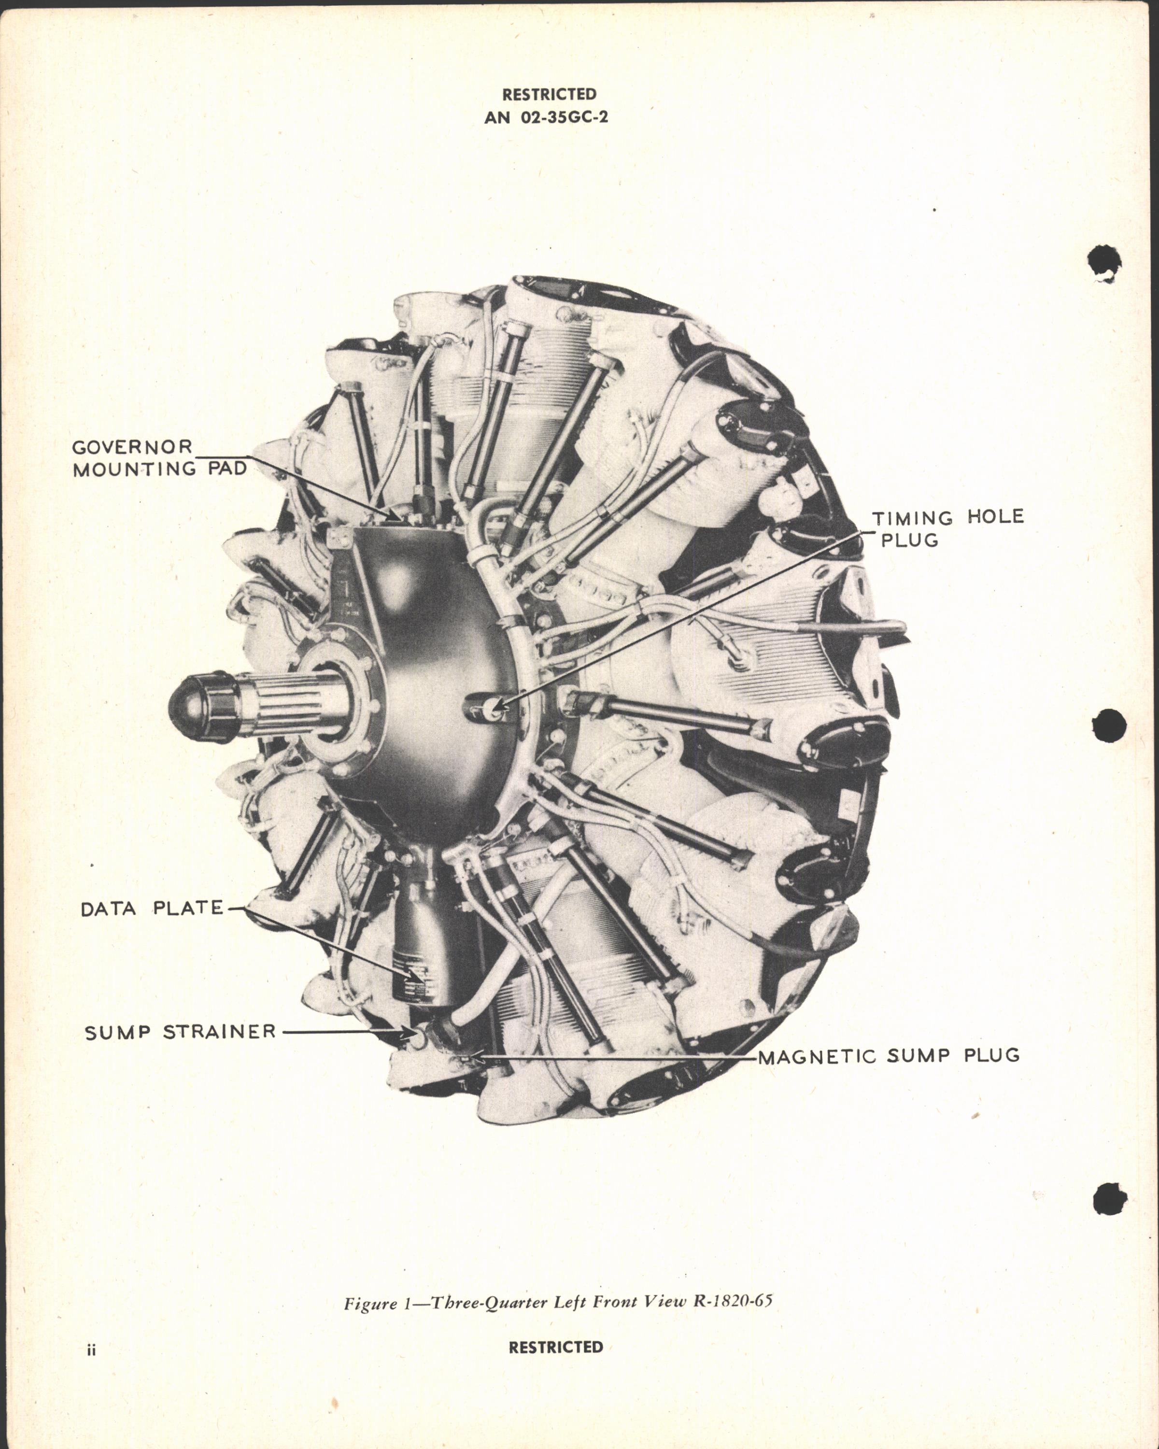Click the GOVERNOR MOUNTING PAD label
(x=160, y=458)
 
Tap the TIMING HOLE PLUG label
(x=947, y=528)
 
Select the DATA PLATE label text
(x=152, y=909)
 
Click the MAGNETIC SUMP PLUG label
(x=888, y=1056)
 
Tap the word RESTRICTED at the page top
(x=549, y=94)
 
